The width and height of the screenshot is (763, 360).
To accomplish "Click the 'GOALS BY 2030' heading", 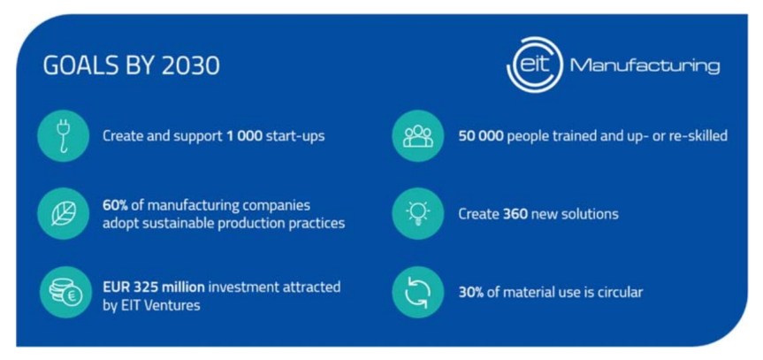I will [132, 66].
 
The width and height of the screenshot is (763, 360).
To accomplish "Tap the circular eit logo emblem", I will [534, 65].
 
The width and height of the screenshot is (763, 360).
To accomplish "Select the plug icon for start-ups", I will [64, 136].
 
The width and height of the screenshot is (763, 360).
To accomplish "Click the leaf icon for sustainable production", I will [64, 213].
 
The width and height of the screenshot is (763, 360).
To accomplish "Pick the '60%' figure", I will [117, 205].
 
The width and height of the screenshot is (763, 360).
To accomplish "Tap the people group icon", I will [417, 136].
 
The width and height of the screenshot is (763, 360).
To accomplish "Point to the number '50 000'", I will [479, 136].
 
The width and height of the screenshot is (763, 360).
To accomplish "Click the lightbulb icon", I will [417, 213].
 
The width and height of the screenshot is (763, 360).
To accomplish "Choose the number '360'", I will [515, 214].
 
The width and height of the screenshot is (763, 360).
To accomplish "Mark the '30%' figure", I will [470, 292].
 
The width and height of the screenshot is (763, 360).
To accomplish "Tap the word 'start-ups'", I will [297, 136].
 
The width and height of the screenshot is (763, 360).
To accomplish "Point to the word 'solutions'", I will [589, 214].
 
